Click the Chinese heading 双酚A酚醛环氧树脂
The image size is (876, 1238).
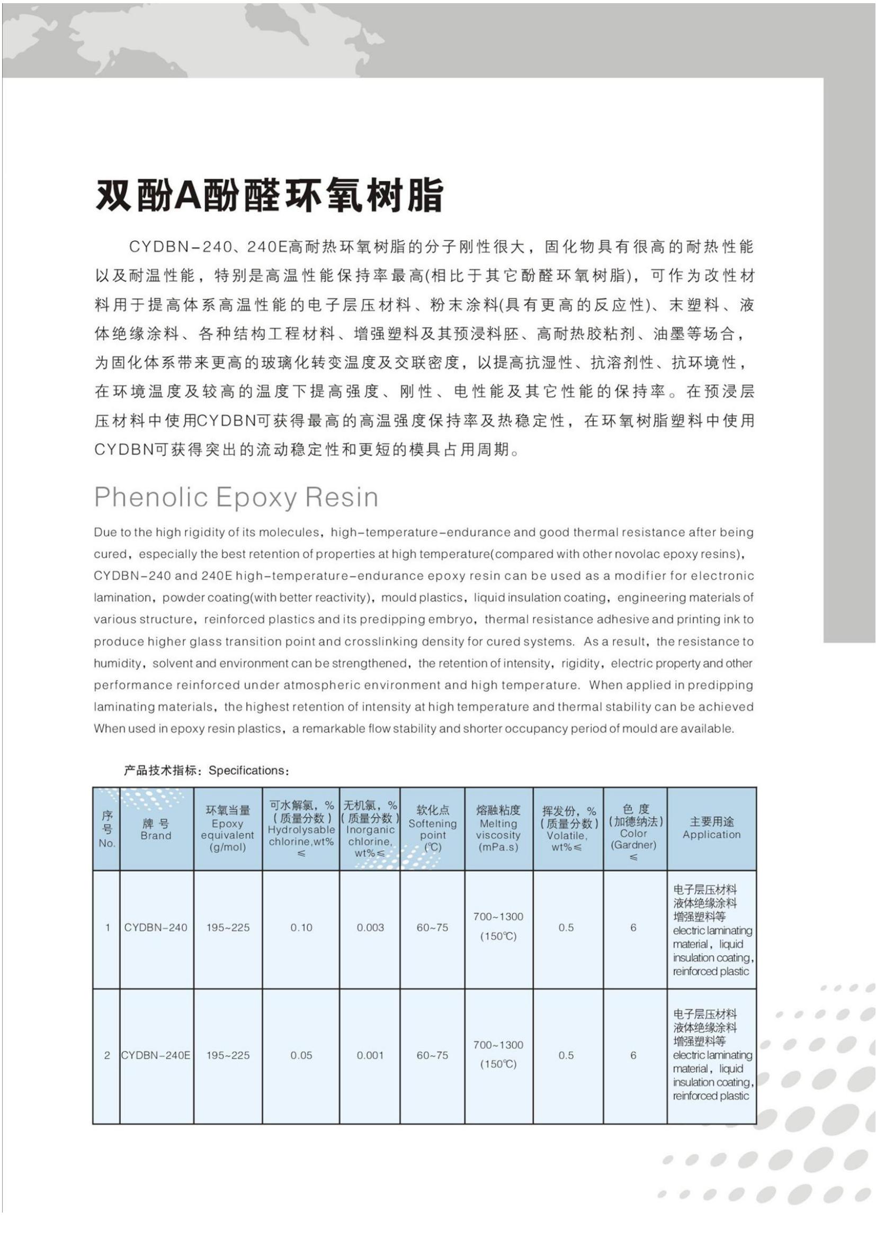point(269,195)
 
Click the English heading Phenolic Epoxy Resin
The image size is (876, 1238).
point(236,496)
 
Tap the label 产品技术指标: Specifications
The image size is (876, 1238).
point(207,770)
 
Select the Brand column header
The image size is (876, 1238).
point(156,830)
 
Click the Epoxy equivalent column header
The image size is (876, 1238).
point(228,829)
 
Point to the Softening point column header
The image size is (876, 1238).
point(432,829)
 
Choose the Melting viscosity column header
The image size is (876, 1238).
point(498,829)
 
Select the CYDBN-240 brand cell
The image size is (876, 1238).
point(156,927)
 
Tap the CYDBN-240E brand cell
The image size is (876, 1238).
point(156,1055)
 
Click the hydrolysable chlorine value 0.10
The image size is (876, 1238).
point(301,927)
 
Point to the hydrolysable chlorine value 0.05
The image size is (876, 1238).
point(301,1055)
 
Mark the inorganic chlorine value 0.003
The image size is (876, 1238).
point(370,927)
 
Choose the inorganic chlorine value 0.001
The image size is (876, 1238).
point(370,1055)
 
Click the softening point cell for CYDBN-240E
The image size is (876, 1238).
point(432,1055)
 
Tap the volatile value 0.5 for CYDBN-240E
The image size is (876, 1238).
point(566,1055)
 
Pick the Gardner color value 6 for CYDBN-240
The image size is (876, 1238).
point(633,927)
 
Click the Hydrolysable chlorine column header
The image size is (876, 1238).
point(301,830)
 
